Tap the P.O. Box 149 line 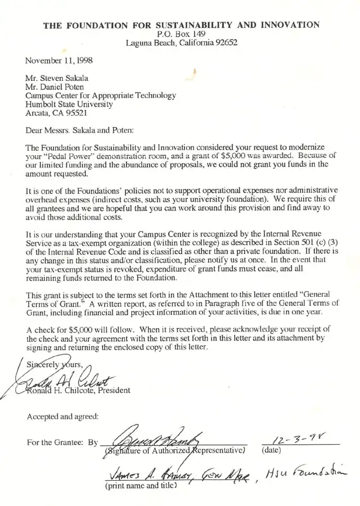point(182,34)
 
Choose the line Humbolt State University point(69,104)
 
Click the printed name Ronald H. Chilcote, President point(79,390)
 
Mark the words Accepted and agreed point(62,417)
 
